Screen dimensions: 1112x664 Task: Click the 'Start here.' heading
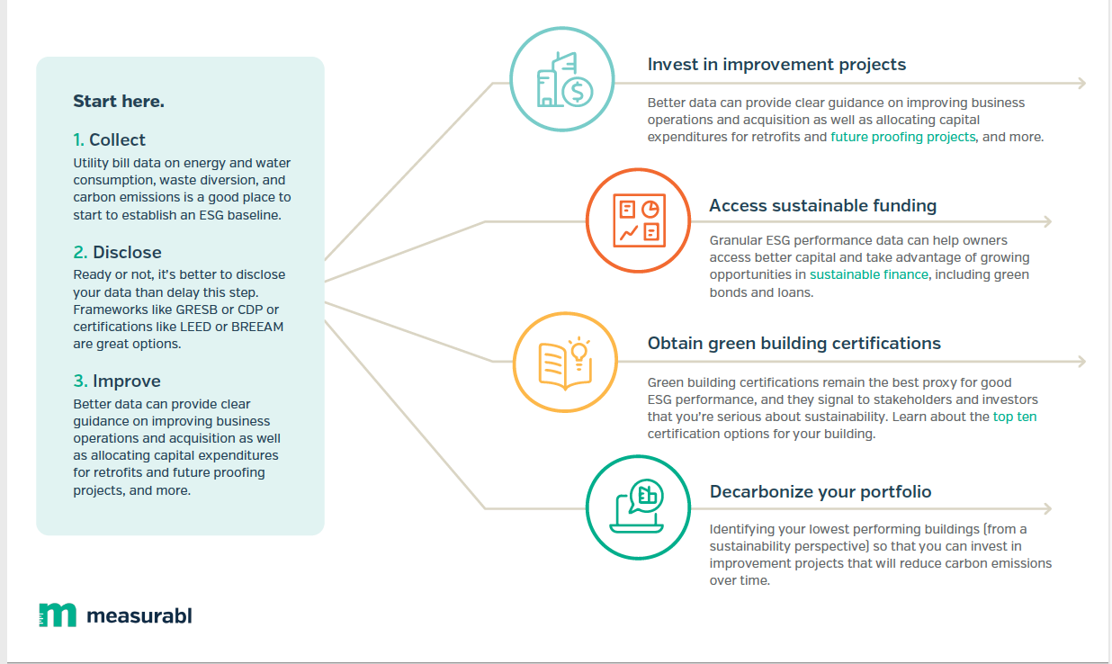click(119, 102)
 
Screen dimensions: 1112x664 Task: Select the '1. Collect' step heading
click(109, 140)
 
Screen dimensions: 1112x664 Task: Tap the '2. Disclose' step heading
click(117, 252)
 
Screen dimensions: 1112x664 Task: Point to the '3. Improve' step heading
click(117, 381)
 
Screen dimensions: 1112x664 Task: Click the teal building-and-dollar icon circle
click(562, 28)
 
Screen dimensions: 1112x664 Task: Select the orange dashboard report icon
click(639, 220)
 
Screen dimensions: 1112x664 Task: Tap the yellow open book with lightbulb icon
click(565, 363)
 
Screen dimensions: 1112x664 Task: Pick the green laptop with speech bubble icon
click(637, 506)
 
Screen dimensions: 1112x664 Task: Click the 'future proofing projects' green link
click(903, 137)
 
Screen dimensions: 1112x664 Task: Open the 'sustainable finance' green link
click(869, 274)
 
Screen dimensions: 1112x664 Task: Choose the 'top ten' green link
click(1015, 417)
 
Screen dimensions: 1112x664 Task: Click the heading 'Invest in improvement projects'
click(776, 65)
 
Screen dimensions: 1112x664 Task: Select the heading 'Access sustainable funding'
click(822, 206)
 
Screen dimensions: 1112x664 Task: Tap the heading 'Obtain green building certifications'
click(794, 343)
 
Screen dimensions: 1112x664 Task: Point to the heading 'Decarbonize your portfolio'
click(821, 491)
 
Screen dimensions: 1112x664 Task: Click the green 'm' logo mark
click(58, 615)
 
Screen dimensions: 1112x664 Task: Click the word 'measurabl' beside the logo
click(139, 615)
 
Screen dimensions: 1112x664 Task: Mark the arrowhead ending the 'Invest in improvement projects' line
click(1082, 83)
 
